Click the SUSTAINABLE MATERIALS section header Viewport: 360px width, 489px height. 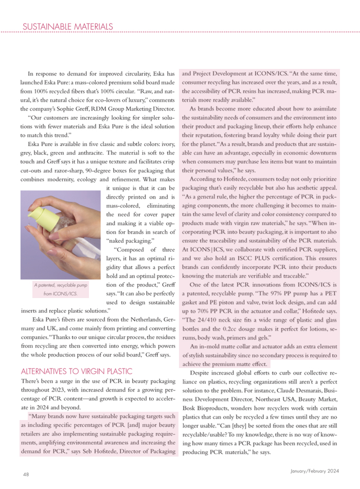click(x=68, y=26)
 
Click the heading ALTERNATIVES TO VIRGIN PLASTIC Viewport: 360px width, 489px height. click(x=77, y=371)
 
